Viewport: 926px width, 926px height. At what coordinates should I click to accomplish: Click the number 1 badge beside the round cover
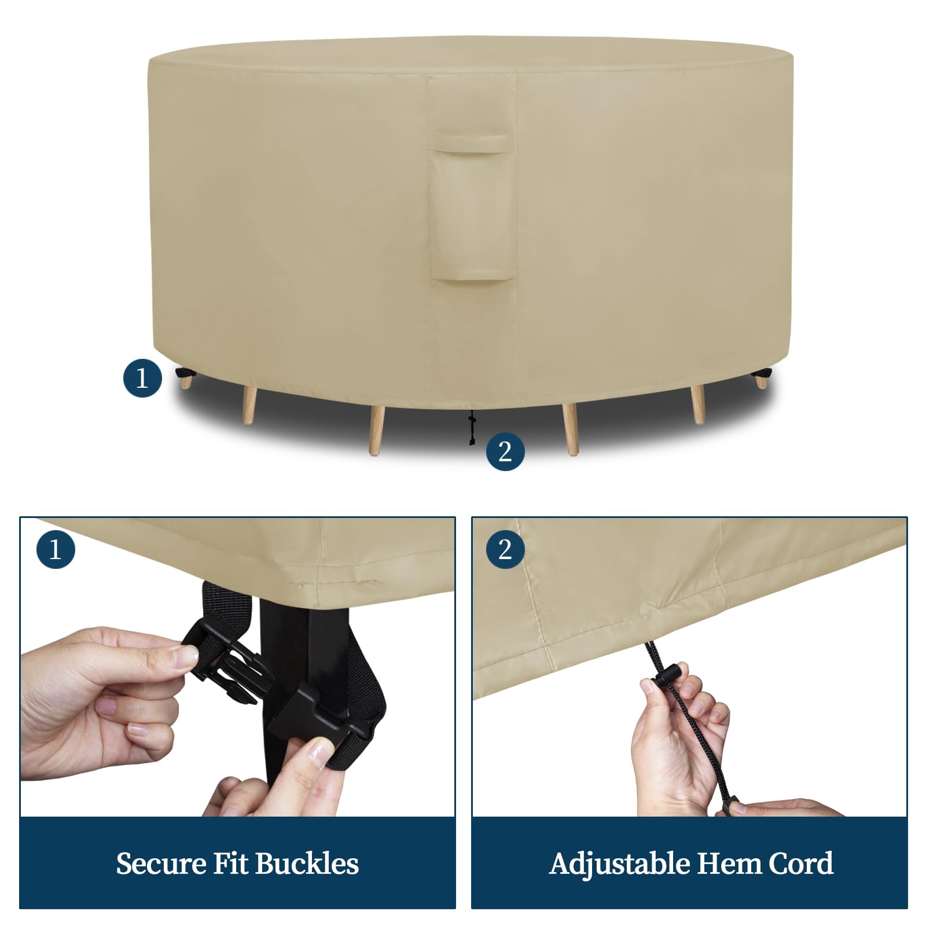142,378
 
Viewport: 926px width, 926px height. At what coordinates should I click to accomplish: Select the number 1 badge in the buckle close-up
56,548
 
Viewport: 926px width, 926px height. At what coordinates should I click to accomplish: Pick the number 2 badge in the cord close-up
505,548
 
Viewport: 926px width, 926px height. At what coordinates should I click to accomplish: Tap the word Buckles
307,863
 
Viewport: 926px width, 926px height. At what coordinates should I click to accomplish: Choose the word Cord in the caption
801,863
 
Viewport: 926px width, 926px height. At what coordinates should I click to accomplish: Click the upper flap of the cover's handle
471,142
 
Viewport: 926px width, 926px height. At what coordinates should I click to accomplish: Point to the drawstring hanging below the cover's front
472,428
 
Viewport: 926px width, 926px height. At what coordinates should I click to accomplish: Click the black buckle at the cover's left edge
186,374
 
